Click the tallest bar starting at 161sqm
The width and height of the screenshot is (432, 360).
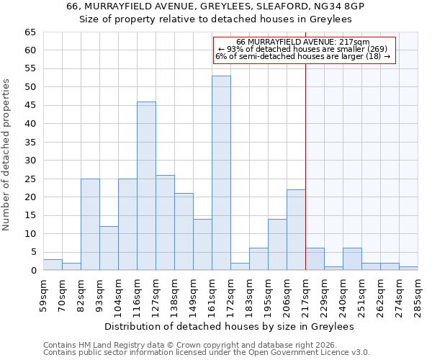pyautogui.click(x=221, y=173)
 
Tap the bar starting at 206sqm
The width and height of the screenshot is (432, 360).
pyautogui.click(x=296, y=230)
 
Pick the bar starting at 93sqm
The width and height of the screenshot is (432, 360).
pyautogui.click(x=109, y=248)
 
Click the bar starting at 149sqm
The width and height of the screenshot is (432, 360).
pyautogui.click(x=202, y=245)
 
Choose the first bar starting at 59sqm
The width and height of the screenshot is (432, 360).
pyautogui.click(x=53, y=265)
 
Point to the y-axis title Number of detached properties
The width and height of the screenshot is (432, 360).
pyautogui.click(x=7, y=155)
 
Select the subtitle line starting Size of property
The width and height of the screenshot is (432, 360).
pyautogui.click(x=215, y=19)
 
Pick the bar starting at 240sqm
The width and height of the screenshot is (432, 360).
pyautogui.click(x=352, y=259)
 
